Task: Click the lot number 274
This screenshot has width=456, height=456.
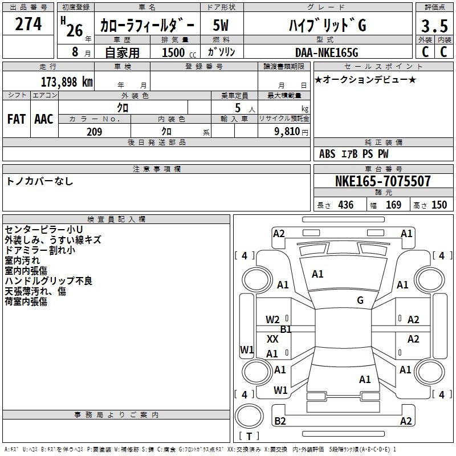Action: [x=28, y=25]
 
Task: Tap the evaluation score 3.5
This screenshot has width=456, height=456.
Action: [x=434, y=26]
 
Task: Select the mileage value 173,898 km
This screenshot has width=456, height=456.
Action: [x=67, y=82]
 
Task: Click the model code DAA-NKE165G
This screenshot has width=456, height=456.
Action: [x=327, y=52]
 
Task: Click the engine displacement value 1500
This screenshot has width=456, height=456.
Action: [x=174, y=52]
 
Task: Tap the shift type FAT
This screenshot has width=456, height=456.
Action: [x=16, y=119]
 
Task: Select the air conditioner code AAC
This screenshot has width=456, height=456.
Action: [x=43, y=119]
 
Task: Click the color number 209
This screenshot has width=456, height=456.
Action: [x=94, y=132]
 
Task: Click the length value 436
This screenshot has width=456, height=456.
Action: [x=345, y=205]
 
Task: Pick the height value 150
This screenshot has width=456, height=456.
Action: [x=439, y=205]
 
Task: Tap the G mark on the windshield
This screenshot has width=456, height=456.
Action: [x=360, y=300]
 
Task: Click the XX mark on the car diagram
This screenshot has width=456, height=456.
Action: [x=272, y=339]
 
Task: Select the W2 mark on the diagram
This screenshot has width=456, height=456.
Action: [x=272, y=320]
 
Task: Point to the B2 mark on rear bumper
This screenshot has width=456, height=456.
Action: [x=280, y=421]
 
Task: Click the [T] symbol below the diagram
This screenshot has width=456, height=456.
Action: [x=249, y=437]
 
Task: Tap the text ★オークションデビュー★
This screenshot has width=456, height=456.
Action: [x=365, y=79]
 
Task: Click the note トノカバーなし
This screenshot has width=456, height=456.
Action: [x=39, y=181]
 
